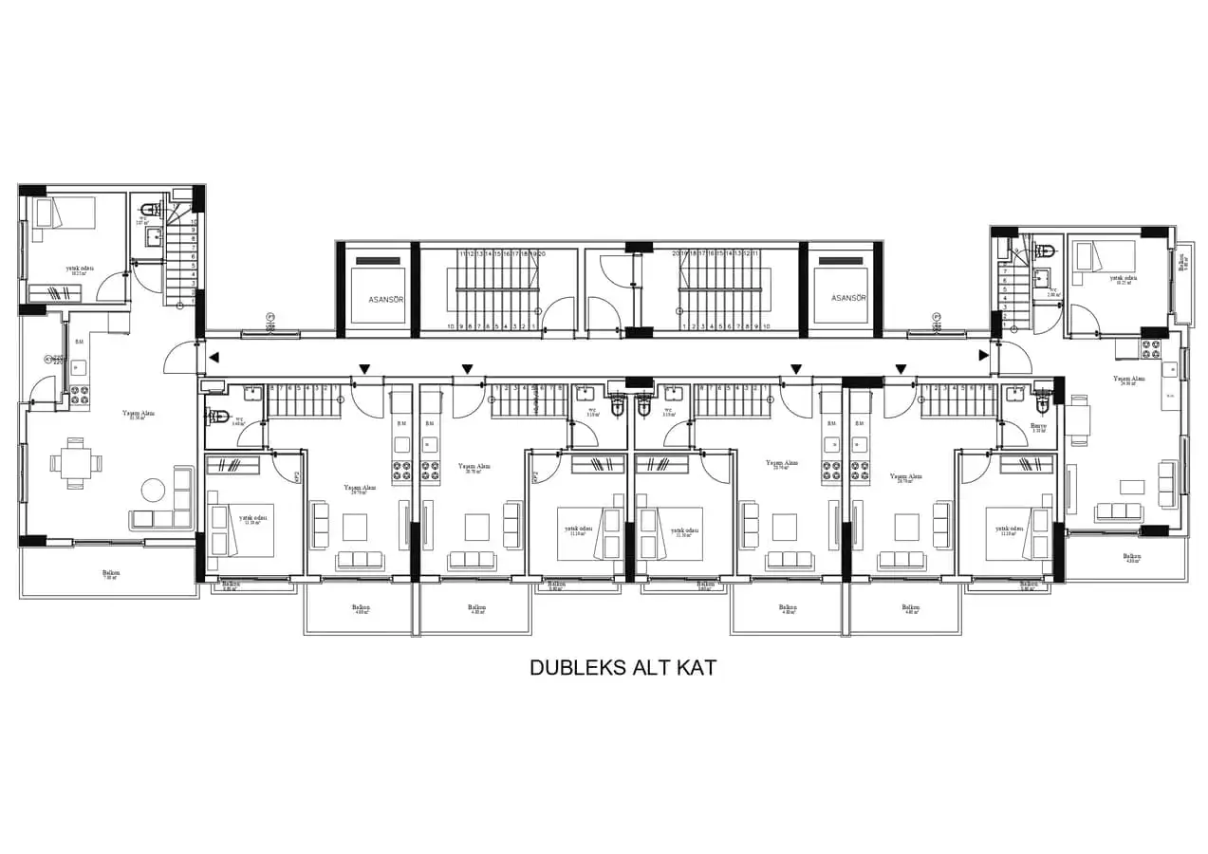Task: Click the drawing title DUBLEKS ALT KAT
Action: (x=622, y=668)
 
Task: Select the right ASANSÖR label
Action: (x=848, y=298)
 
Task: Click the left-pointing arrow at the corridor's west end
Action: (x=214, y=358)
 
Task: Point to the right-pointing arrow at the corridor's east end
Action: (x=984, y=357)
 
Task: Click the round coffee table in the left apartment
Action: (x=153, y=490)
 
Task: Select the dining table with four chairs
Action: (x=75, y=464)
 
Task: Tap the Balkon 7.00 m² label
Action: (x=111, y=574)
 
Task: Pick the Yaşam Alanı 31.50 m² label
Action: (x=139, y=415)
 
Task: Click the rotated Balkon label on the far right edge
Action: (x=1181, y=262)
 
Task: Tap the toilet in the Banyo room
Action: (x=1045, y=399)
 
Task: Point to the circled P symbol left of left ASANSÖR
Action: (x=270, y=317)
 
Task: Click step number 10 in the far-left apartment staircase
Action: (x=194, y=221)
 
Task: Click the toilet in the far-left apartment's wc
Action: (x=148, y=211)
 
